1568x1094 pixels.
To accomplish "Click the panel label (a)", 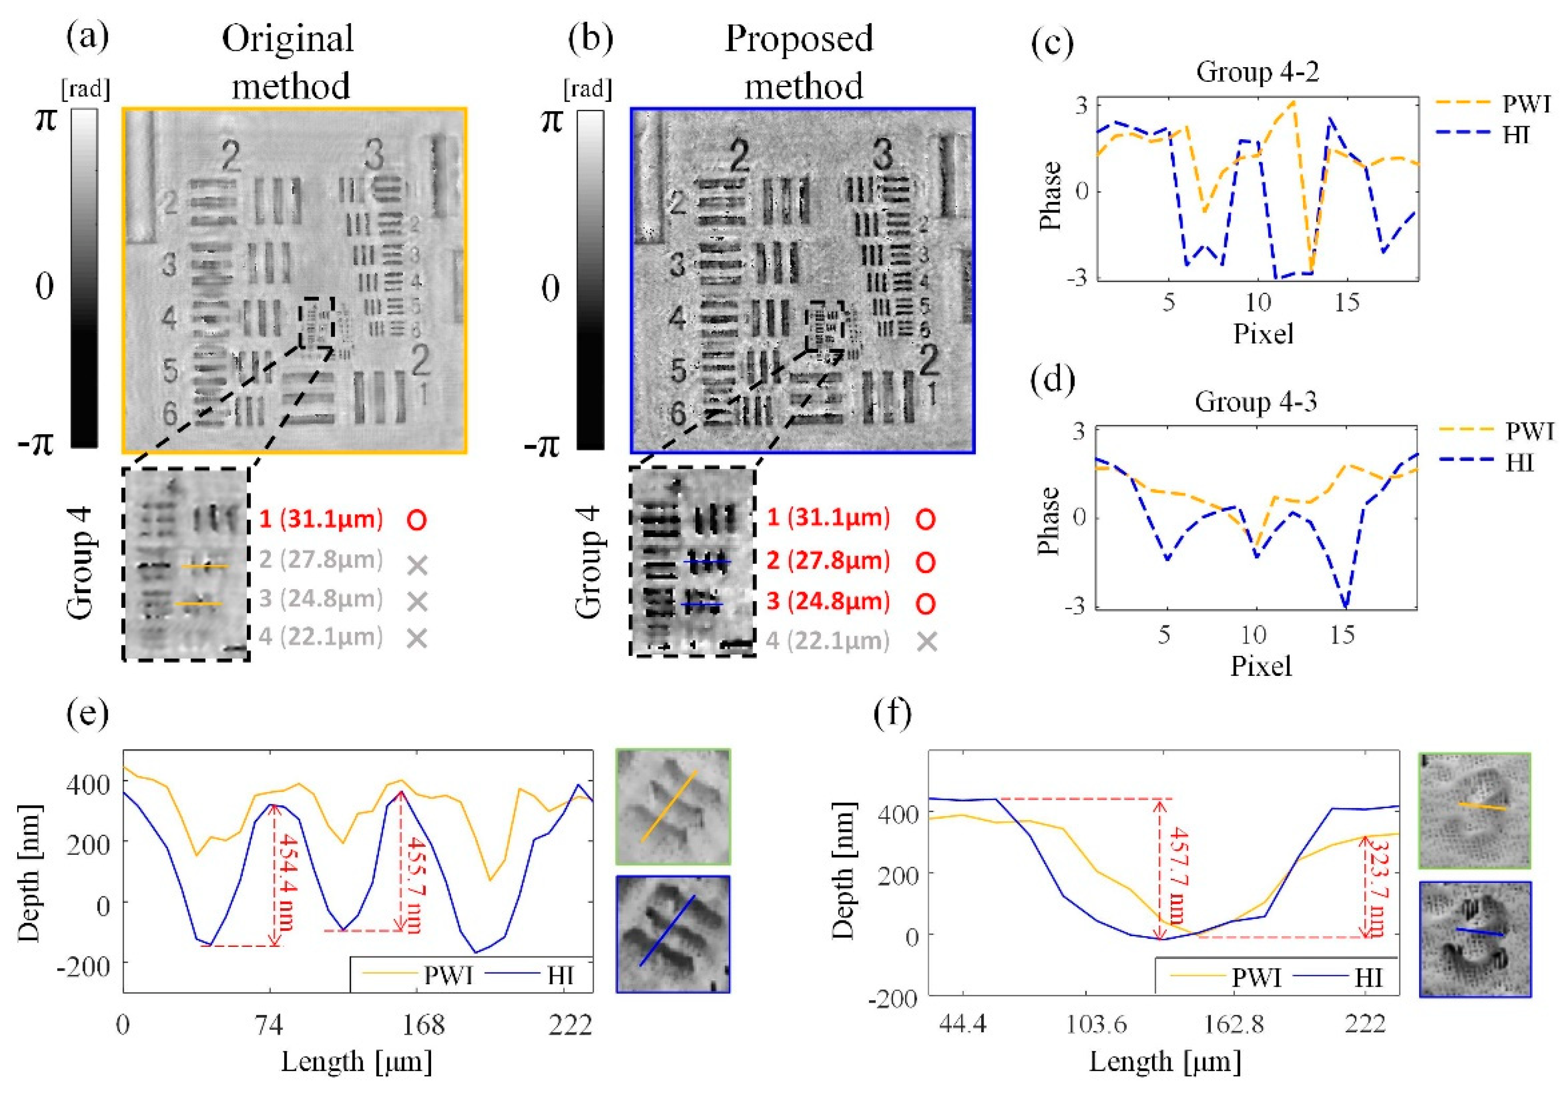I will (x=87, y=38).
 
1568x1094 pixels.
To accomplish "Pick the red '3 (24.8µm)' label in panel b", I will (x=828, y=601).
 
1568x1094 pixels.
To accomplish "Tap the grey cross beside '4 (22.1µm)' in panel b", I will (x=927, y=641).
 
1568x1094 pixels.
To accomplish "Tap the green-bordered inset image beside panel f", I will (x=1474, y=810).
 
